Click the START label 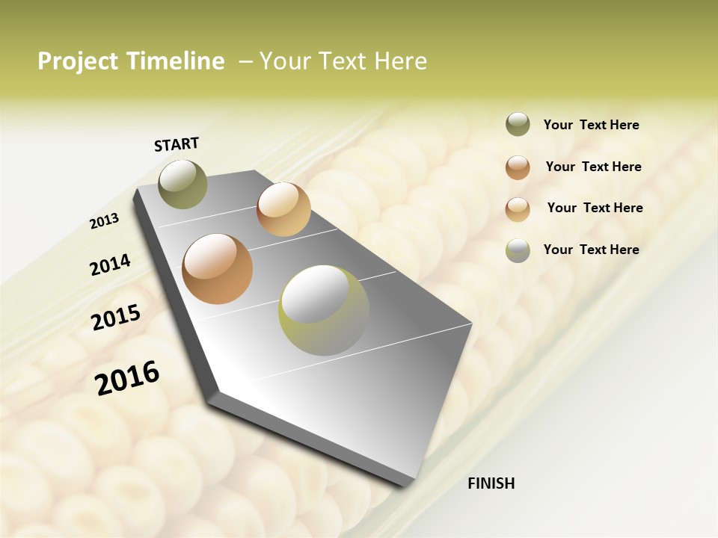click(x=177, y=144)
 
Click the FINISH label click(x=491, y=483)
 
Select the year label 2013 click(x=104, y=221)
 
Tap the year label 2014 click(x=110, y=265)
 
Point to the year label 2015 click(x=116, y=318)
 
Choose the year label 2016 click(x=128, y=378)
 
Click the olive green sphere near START click(x=182, y=184)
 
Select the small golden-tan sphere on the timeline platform click(x=283, y=208)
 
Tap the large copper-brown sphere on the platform click(x=218, y=269)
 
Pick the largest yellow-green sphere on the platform click(x=324, y=310)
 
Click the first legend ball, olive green click(x=518, y=125)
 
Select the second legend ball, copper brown click(x=518, y=167)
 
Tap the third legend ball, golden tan click(x=518, y=208)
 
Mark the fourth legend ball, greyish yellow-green click(x=518, y=250)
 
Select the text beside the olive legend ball click(x=591, y=125)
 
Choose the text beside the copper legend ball click(x=593, y=167)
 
